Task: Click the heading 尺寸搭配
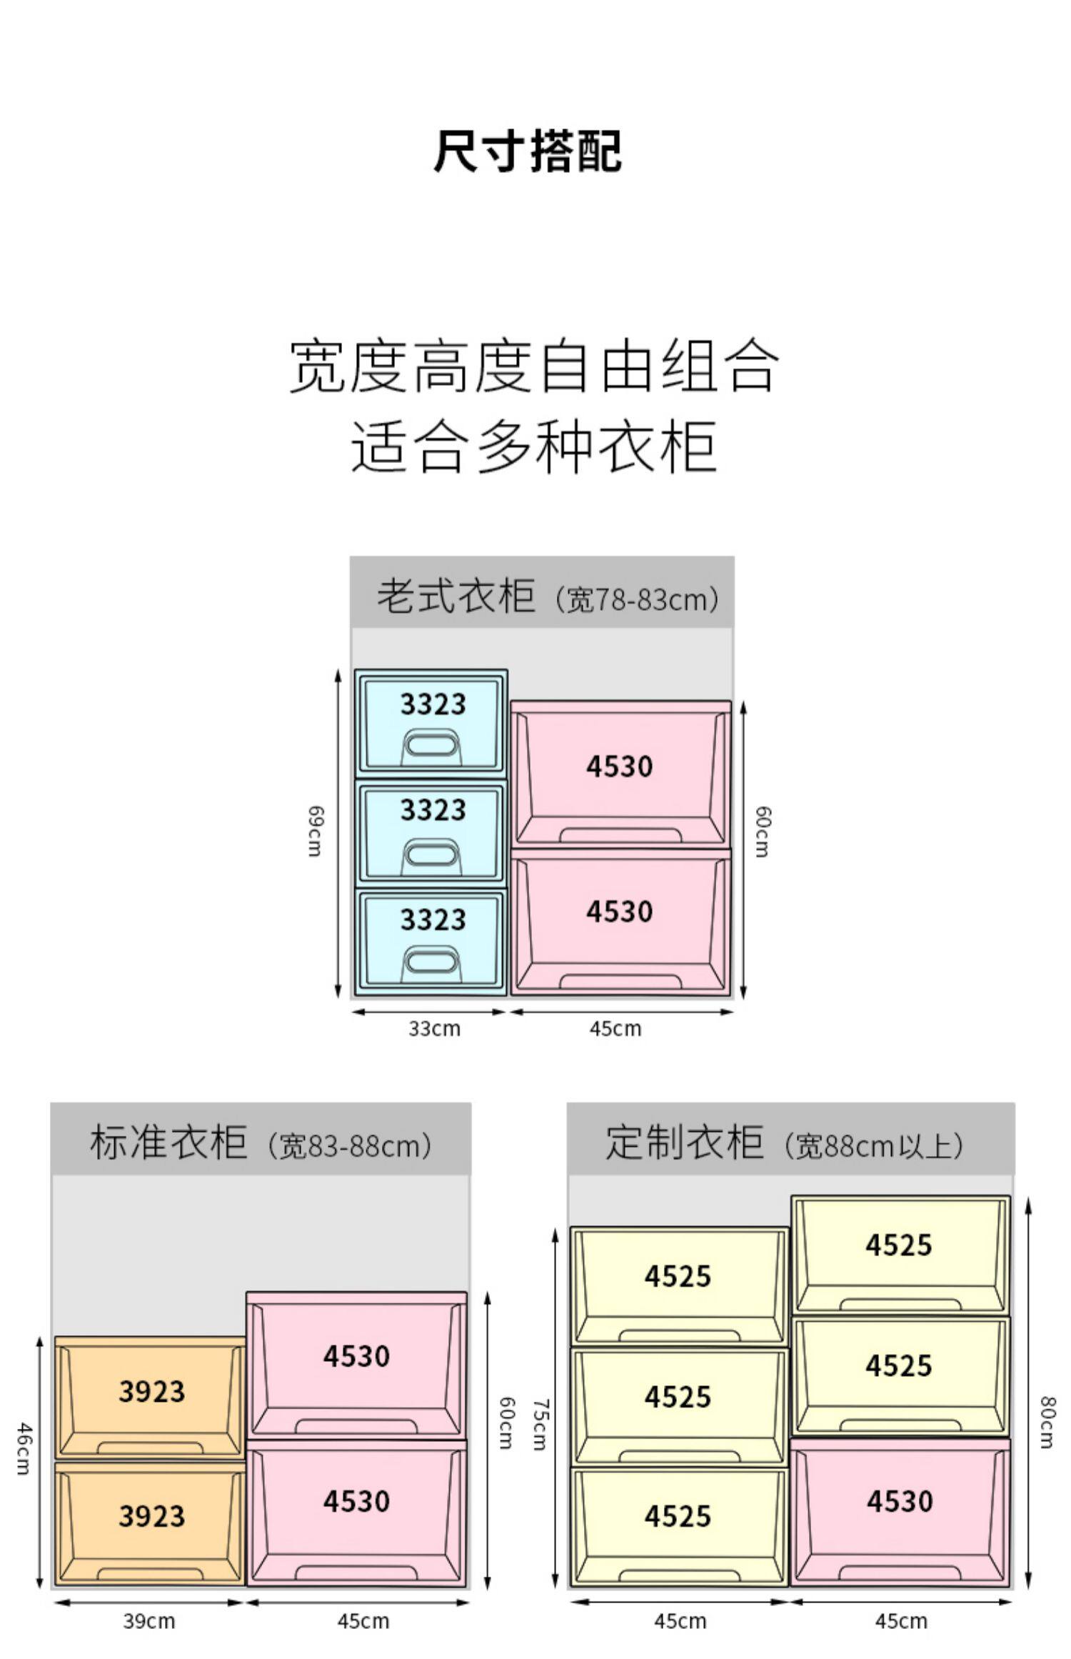528,151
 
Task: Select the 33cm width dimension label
434,1029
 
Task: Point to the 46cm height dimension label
24,1448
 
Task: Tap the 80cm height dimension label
1047,1422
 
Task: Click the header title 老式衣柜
456,596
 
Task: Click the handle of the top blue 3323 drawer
431,745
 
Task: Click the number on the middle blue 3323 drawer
433,810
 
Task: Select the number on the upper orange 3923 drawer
151,1390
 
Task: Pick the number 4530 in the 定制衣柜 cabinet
900,1500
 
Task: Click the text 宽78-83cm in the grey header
637,599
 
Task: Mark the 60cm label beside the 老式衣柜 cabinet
763,831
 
